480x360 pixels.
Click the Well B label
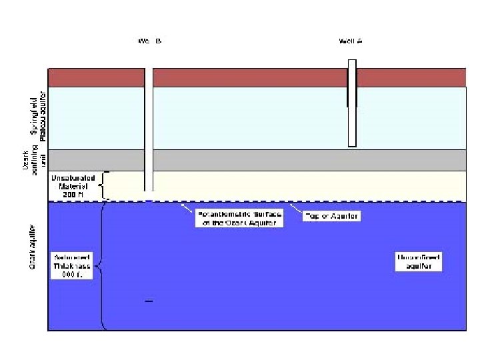(149, 41)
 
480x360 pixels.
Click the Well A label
(350, 41)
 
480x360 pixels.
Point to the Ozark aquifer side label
(32, 247)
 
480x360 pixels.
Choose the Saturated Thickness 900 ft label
(73, 265)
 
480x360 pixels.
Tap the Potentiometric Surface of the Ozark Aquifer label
(239, 218)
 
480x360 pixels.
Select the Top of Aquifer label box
(331, 216)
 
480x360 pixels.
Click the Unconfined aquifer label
(419, 261)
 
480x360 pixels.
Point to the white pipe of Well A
(352, 127)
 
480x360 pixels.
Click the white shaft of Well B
(149, 133)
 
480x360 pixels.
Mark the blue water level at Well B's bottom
(149, 199)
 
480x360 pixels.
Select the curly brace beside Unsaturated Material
(104, 185)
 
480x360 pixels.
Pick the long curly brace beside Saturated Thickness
(101, 266)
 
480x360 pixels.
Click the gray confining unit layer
(267, 160)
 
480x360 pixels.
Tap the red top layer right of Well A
(410, 77)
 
